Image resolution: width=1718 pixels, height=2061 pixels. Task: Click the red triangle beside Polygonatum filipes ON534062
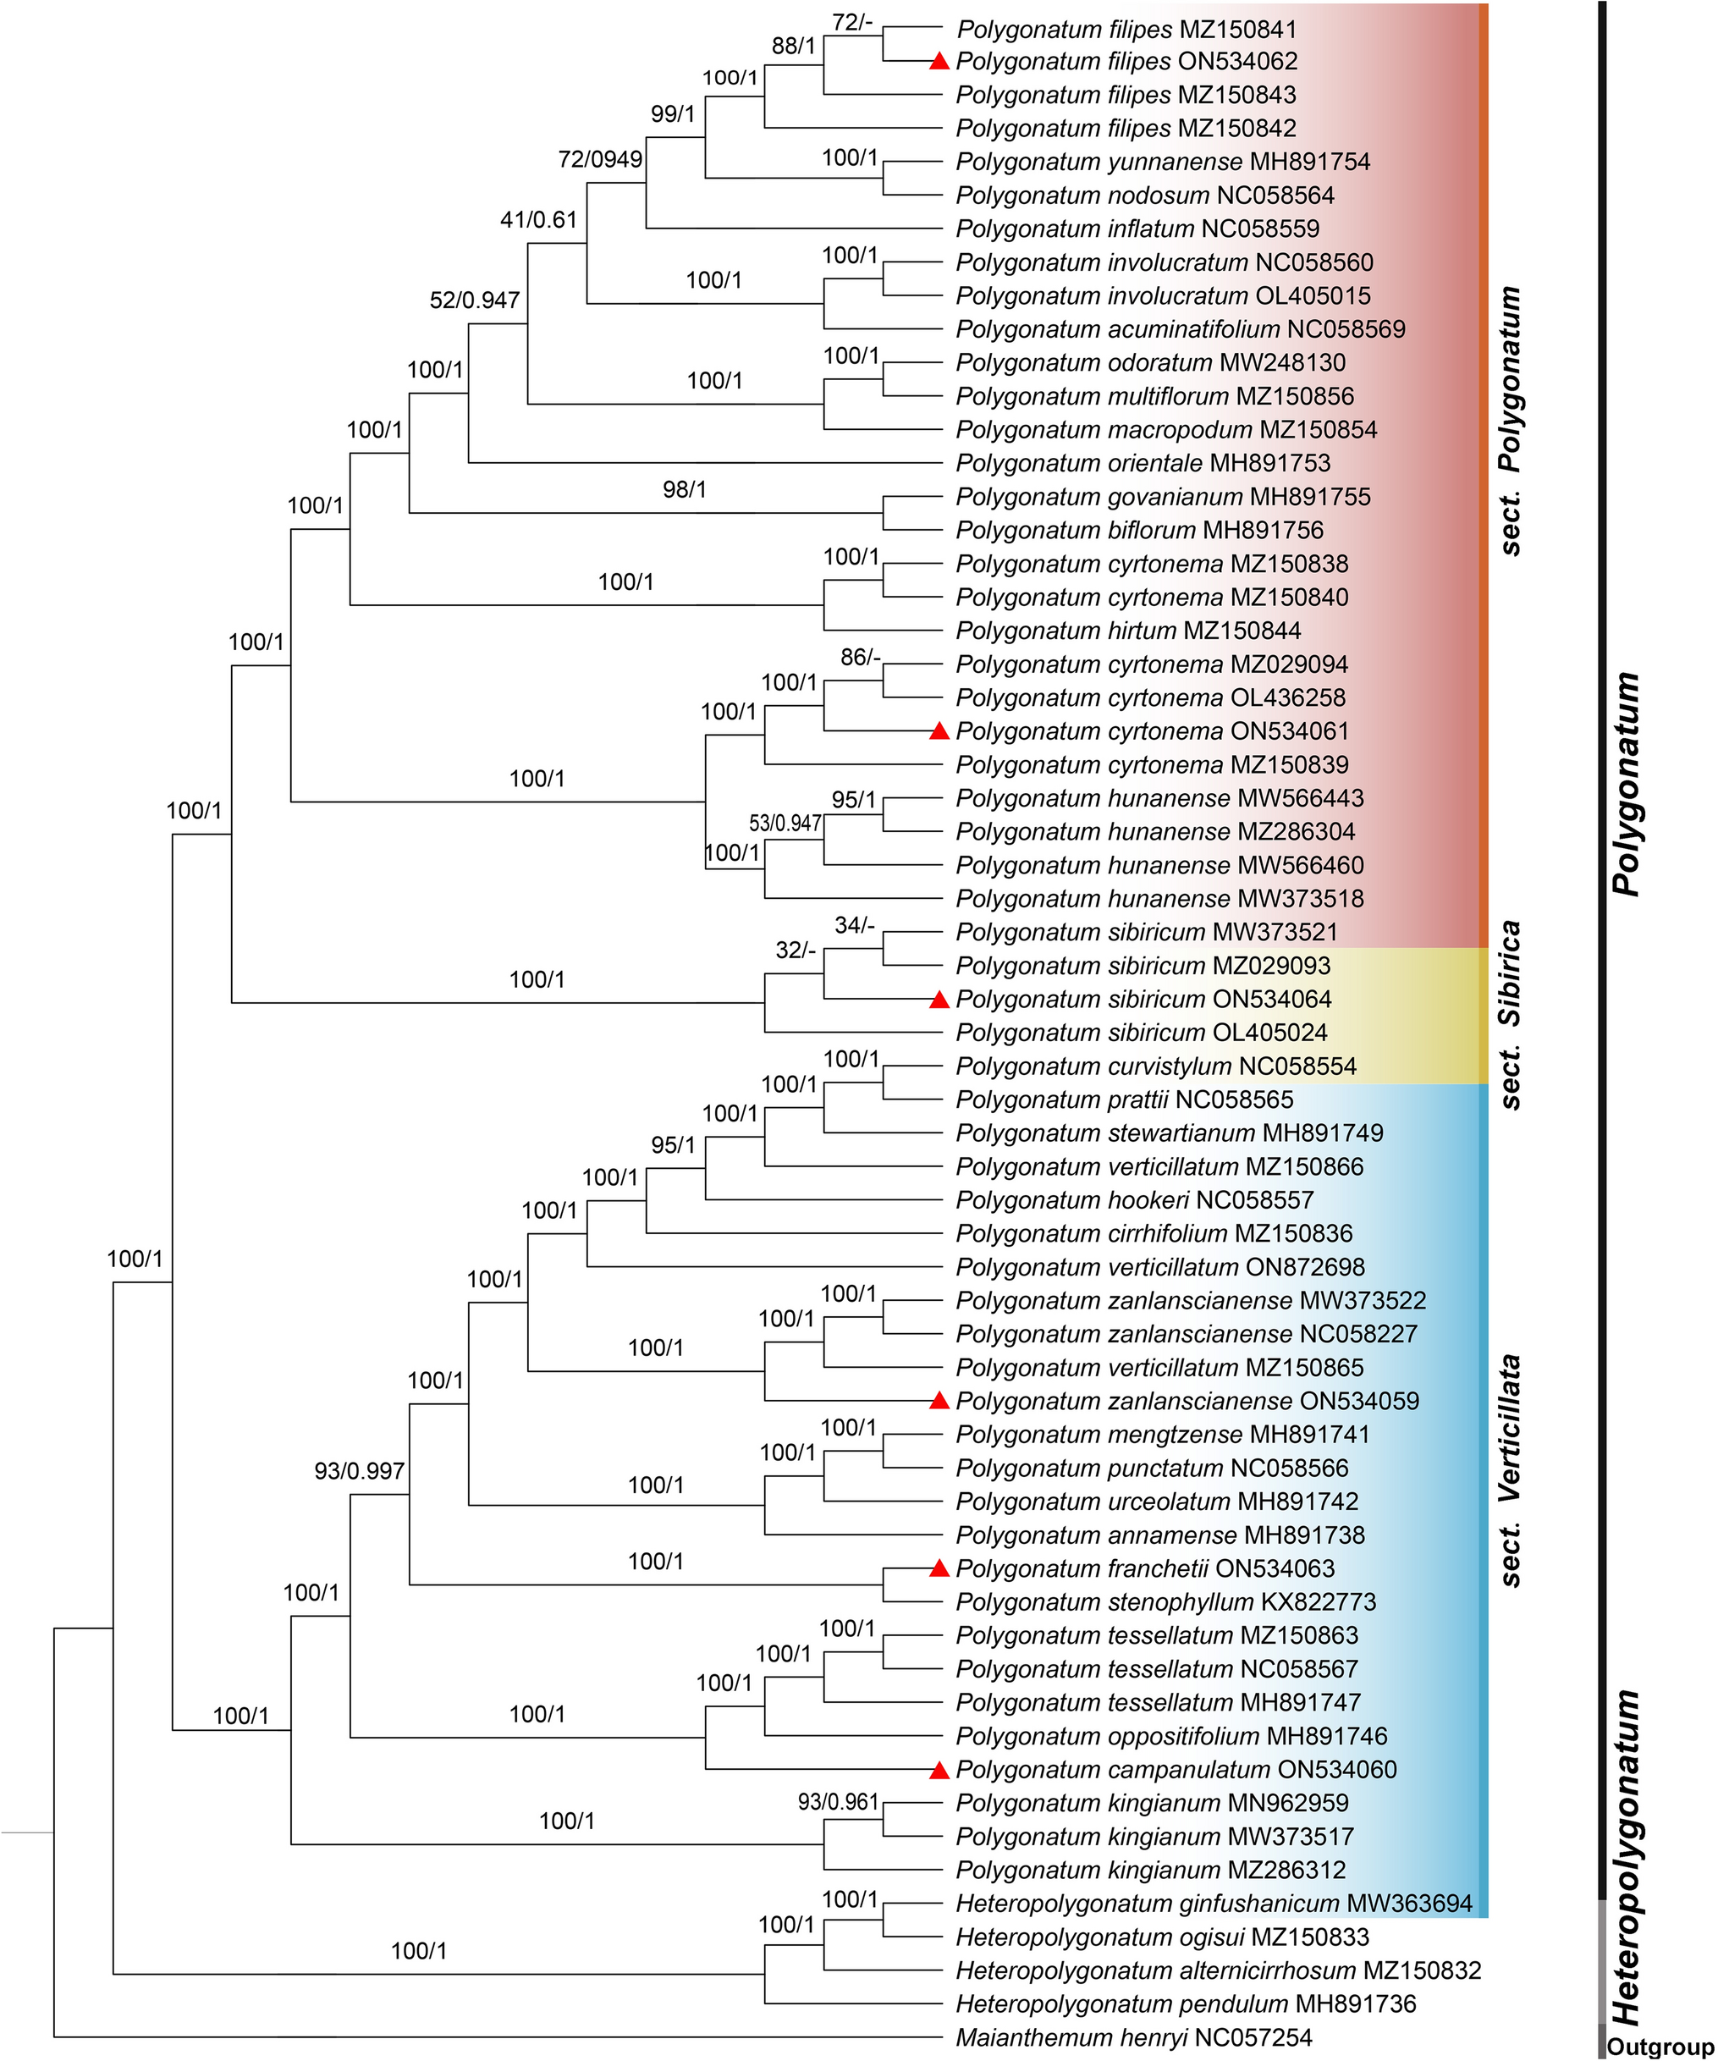tap(939, 62)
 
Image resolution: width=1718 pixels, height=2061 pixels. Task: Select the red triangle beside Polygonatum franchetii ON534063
tap(939, 1568)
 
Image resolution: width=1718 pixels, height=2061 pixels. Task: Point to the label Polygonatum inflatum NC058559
tap(1137, 229)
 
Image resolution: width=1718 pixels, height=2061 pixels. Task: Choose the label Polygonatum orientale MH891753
tap(1143, 463)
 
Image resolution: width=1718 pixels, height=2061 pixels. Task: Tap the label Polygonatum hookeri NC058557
tap(1134, 1200)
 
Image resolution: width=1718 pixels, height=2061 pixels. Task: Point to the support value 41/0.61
tap(538, 220)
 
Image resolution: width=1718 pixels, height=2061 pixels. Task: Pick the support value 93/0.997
tap(359, 1471)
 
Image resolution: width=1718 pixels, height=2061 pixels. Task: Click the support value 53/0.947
tap(785, 824)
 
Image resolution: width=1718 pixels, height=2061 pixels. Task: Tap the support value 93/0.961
tap(838, 1802)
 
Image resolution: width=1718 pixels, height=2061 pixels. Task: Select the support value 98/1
tap(684, 488)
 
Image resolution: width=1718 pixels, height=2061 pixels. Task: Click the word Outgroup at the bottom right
tap(1660, 2047)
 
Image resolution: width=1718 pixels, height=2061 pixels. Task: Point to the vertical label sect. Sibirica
tap(1511, 1015)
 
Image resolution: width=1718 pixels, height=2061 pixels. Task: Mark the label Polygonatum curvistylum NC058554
tap(1156, 1066)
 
